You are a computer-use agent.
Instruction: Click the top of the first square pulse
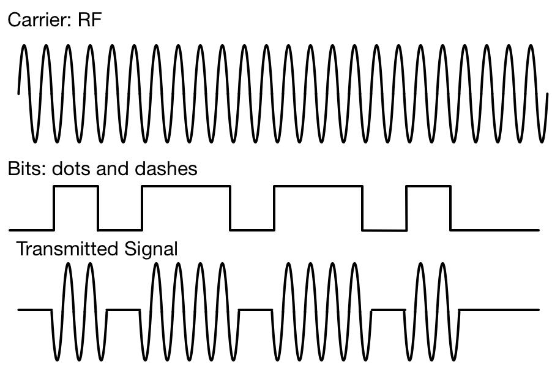(x=76, y=187)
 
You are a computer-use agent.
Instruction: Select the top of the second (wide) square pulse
(x=186, y=187)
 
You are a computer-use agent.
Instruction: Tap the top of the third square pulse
(x=318, y=187)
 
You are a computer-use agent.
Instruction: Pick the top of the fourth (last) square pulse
(x=428, y=187)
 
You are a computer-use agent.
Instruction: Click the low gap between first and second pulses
(x=120, y=230)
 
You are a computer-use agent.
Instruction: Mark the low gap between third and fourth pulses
(x=384, y=230)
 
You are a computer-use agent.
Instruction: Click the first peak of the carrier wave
(x=24, y=47)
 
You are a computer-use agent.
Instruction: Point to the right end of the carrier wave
(x=546, y=96)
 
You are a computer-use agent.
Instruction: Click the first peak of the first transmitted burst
(x=69, y=264)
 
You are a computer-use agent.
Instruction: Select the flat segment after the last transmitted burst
(x=499, y=310)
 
